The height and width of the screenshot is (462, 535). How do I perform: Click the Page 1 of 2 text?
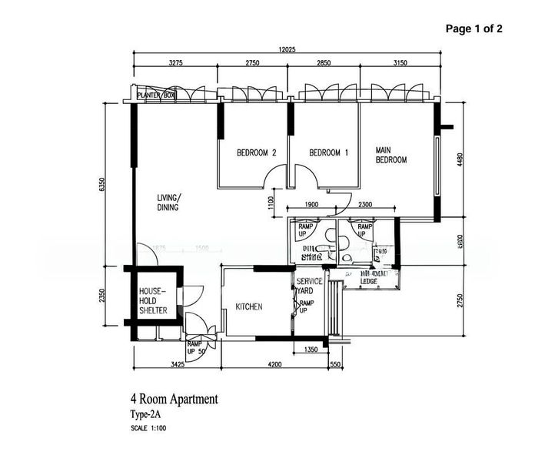coord(474,28)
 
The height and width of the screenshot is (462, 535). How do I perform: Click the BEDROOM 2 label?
coord(256,152)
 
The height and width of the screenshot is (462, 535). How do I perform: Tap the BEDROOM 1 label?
coord(328,152)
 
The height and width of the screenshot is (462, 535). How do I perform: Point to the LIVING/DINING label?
coord(168,203)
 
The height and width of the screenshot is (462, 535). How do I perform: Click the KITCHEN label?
coord(249,306)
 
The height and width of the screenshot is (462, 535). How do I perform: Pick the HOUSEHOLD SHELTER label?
coord(154,301)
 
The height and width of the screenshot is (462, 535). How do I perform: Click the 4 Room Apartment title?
coord(174,399)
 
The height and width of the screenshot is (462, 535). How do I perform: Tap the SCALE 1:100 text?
coord(148,428)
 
